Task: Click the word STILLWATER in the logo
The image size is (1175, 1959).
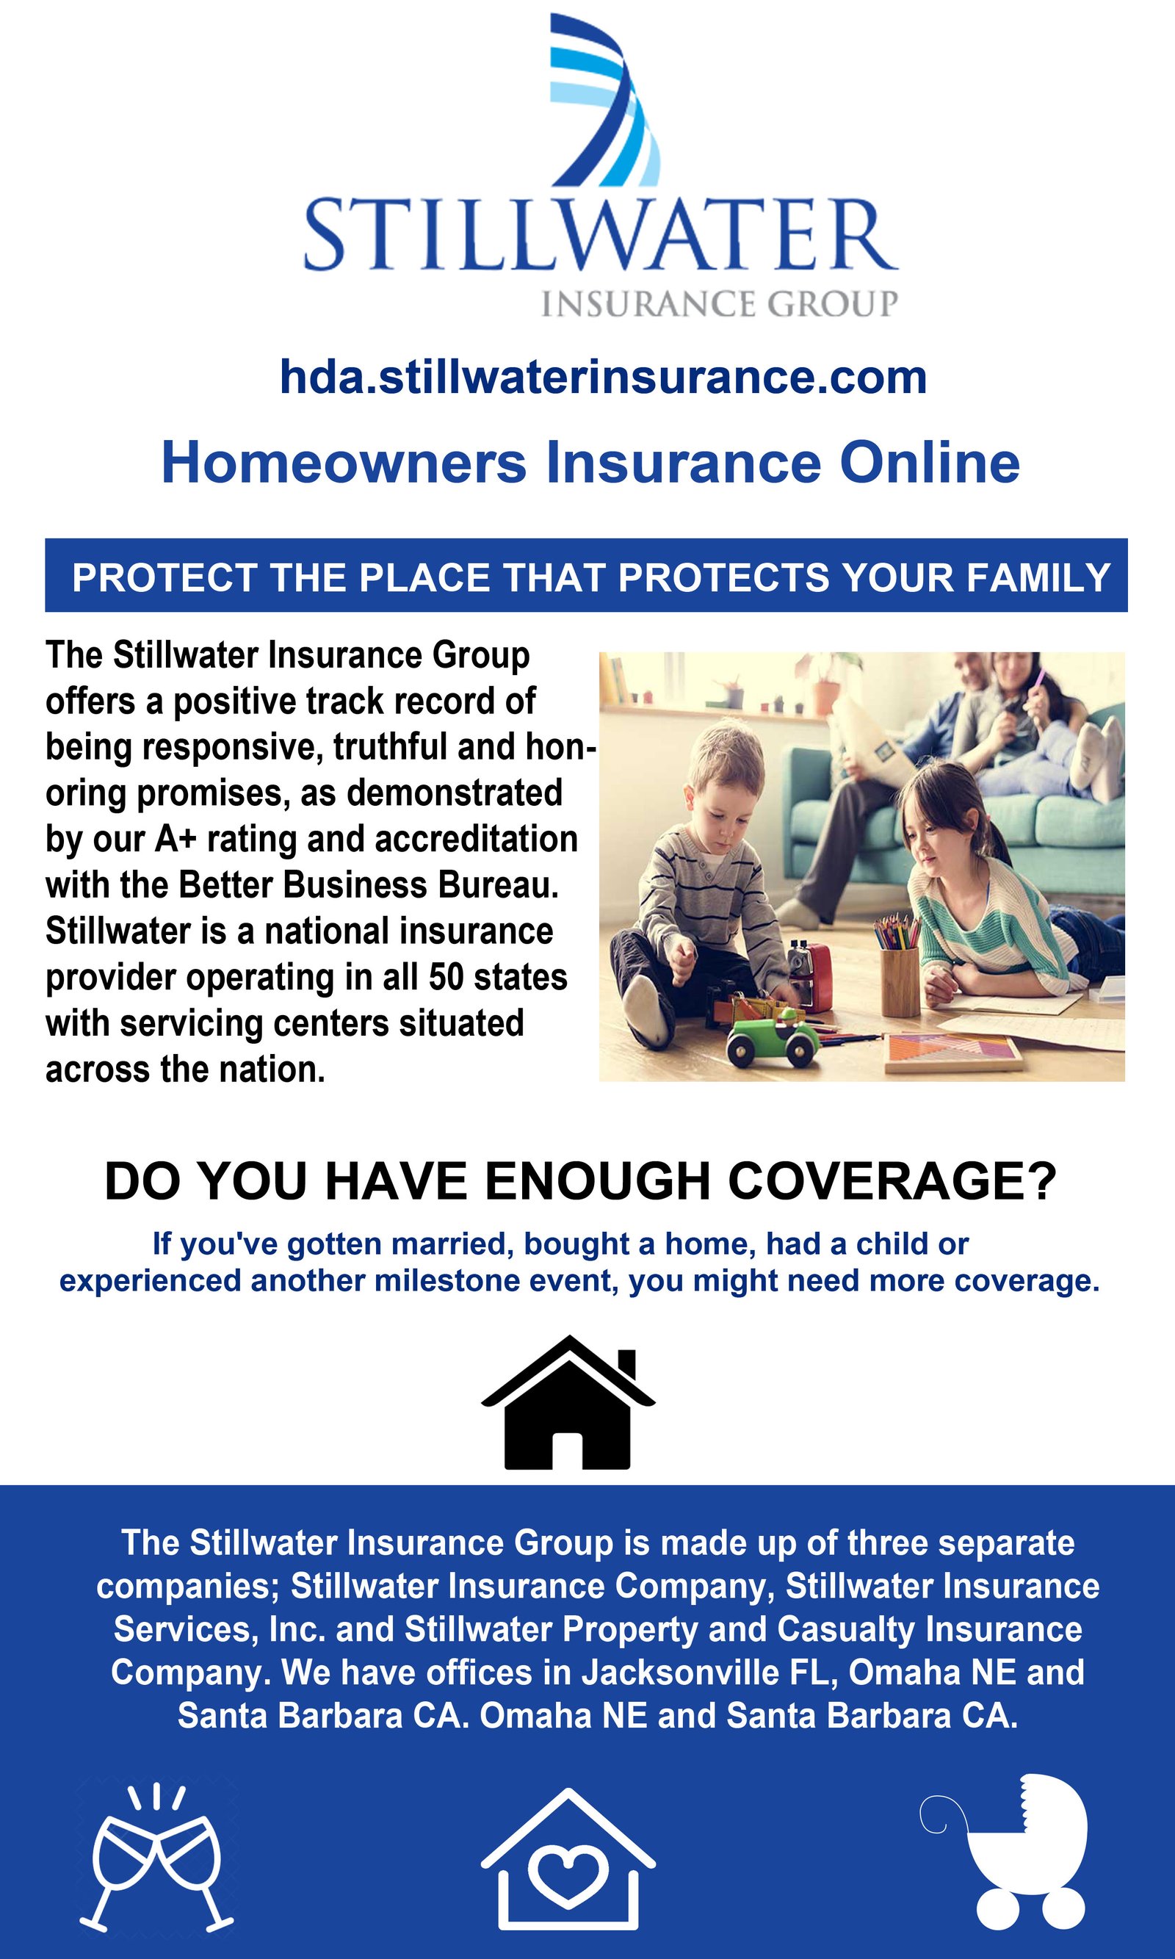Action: pos(600,235)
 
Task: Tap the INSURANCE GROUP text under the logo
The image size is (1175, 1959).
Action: pos(719,303)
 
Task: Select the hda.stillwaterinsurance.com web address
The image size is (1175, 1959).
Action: pos(604,377)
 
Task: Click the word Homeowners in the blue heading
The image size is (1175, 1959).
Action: pos(344,463)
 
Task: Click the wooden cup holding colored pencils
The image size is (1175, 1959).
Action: pos(900,972)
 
